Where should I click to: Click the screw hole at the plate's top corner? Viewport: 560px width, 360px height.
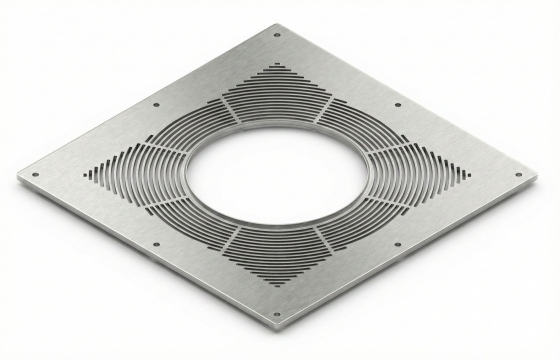[x=277, y=35]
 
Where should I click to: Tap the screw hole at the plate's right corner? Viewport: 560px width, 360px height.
[x=518, y=175]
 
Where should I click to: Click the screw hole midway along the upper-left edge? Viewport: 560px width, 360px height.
[x=156, y=104]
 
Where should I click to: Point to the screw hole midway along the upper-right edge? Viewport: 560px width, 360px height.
[x=399, y=104]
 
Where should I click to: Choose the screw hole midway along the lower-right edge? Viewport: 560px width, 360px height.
[x=398, y=244]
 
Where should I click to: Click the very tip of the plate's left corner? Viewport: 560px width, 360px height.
[x=17, y=181]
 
